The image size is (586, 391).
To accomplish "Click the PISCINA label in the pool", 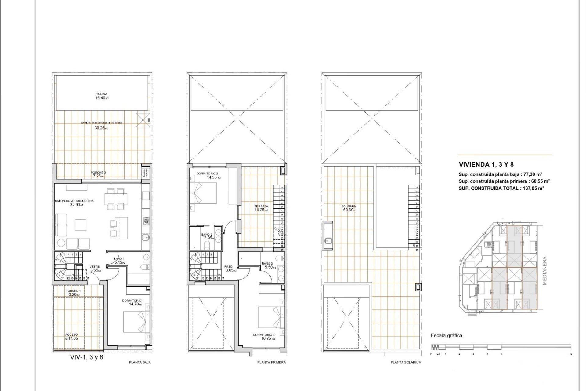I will click(101, 94).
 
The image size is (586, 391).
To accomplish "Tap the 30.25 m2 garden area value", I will click(101, 128).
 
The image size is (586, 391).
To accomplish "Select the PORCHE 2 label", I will click(98, 173).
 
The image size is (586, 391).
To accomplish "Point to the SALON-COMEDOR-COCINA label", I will click(74, 201).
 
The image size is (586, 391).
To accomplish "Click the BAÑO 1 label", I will click(119, 259).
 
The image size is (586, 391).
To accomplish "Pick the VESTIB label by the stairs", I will click(95, 267).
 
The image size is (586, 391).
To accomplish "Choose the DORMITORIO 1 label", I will click(133, 301).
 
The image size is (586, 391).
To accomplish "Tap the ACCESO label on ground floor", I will click(71, 335).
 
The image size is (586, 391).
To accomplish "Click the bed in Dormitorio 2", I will click(203, 193).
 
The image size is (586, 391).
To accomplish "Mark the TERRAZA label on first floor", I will click(261, 206).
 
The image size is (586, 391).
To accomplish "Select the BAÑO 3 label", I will click(267, 263).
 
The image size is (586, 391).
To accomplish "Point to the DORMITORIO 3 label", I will click(264, 335).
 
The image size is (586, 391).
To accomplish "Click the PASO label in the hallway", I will click(228, 267).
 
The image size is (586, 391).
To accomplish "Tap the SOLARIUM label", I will click(349, 206).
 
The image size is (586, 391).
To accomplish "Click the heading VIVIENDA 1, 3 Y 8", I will click(486, 165).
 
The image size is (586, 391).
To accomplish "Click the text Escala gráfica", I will click(447, 335).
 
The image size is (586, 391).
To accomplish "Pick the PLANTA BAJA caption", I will click(140, 362).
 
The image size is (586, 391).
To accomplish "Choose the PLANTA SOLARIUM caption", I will click(406, 362).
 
